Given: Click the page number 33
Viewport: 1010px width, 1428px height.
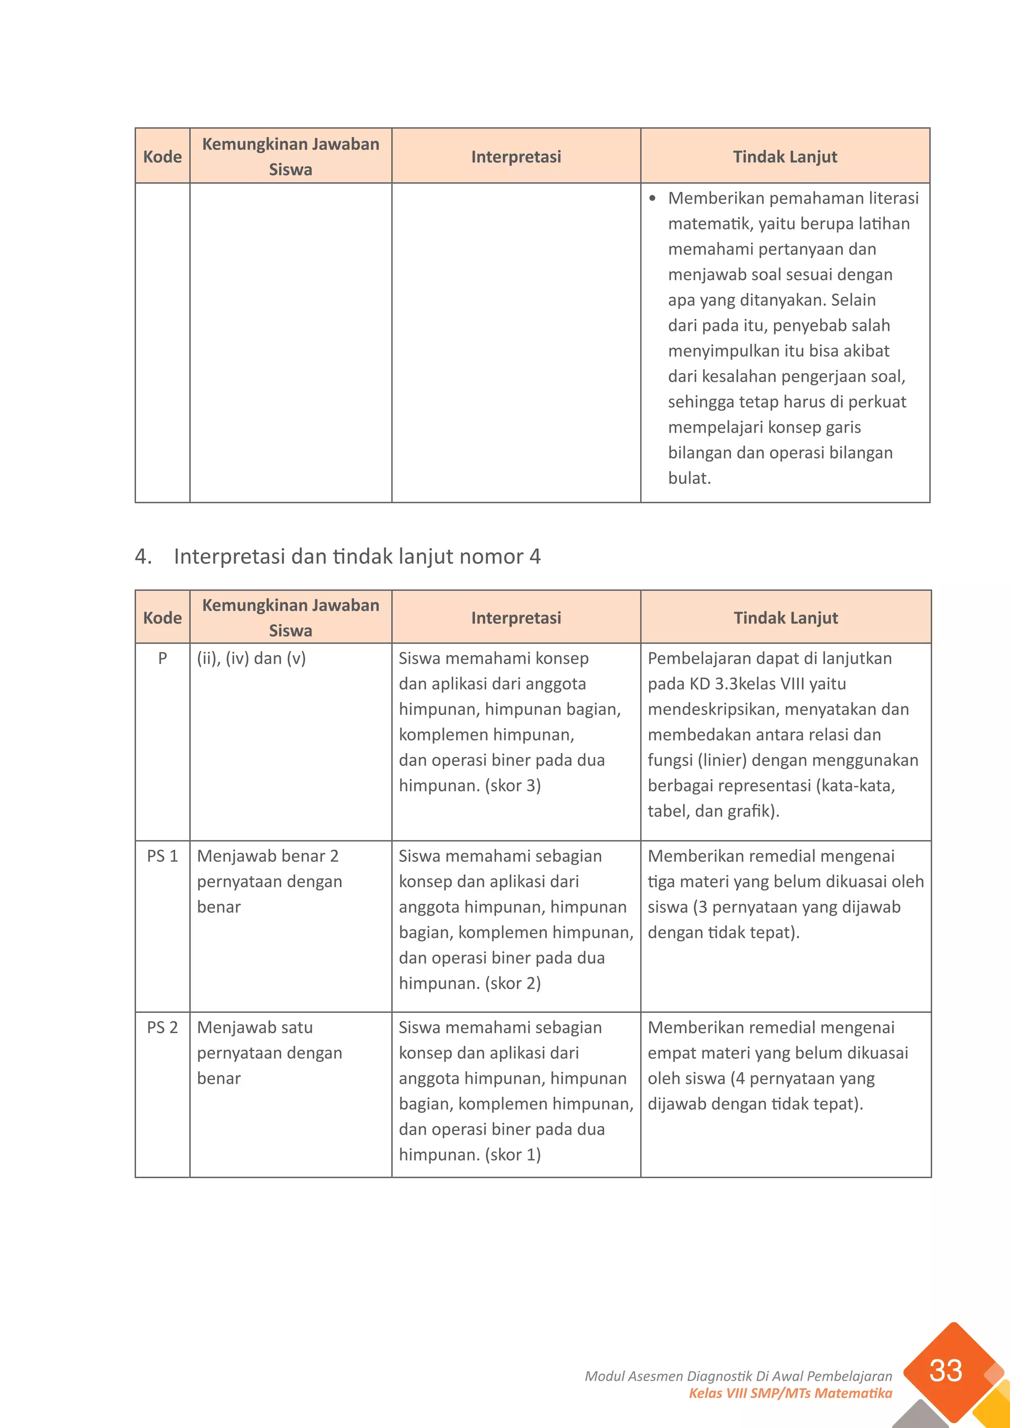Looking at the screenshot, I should (x=945, y=1370).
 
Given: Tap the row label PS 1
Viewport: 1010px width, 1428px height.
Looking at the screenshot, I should (x=162, y=857).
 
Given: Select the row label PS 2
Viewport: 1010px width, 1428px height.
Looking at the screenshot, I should (x=162, y=1028).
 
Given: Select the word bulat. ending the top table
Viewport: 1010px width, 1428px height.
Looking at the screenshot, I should (x=689, y=478).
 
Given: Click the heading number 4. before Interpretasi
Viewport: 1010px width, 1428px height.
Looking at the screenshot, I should (x=143, y=556).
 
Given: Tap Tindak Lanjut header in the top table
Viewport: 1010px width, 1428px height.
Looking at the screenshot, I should (x=785, y=157).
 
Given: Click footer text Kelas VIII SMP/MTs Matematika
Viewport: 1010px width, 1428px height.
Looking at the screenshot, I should (x=790, y=1393).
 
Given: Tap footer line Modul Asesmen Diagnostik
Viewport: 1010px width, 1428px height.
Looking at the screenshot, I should (x=738, y=1376).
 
